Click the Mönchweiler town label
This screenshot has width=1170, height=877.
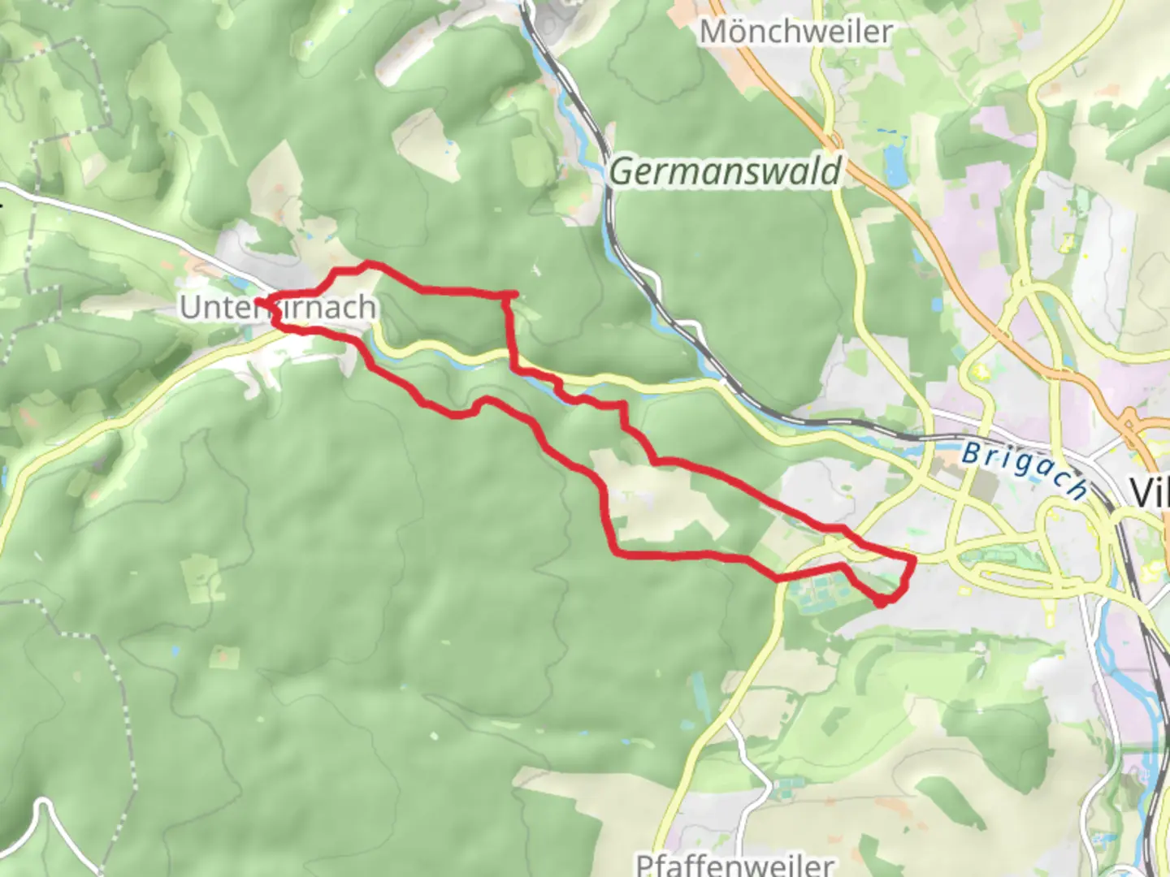pos(795,32)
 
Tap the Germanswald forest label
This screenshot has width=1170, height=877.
pos(725,172)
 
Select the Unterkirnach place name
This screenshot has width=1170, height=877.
pos(278,308)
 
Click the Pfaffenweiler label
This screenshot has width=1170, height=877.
pos(734,864)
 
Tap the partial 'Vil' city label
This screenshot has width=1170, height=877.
pos(1149,491)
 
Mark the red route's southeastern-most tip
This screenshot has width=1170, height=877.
pos(882,603)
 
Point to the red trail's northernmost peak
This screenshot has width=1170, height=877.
pos(368,263)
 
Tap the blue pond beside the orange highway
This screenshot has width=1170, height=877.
pos(896,166)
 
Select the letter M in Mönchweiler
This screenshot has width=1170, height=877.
pos(713,32)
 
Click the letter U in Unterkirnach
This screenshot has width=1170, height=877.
pos(189,308)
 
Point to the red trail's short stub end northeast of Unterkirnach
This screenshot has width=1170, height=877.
pos(514,293)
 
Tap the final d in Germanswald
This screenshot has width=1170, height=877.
pos(830,172)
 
